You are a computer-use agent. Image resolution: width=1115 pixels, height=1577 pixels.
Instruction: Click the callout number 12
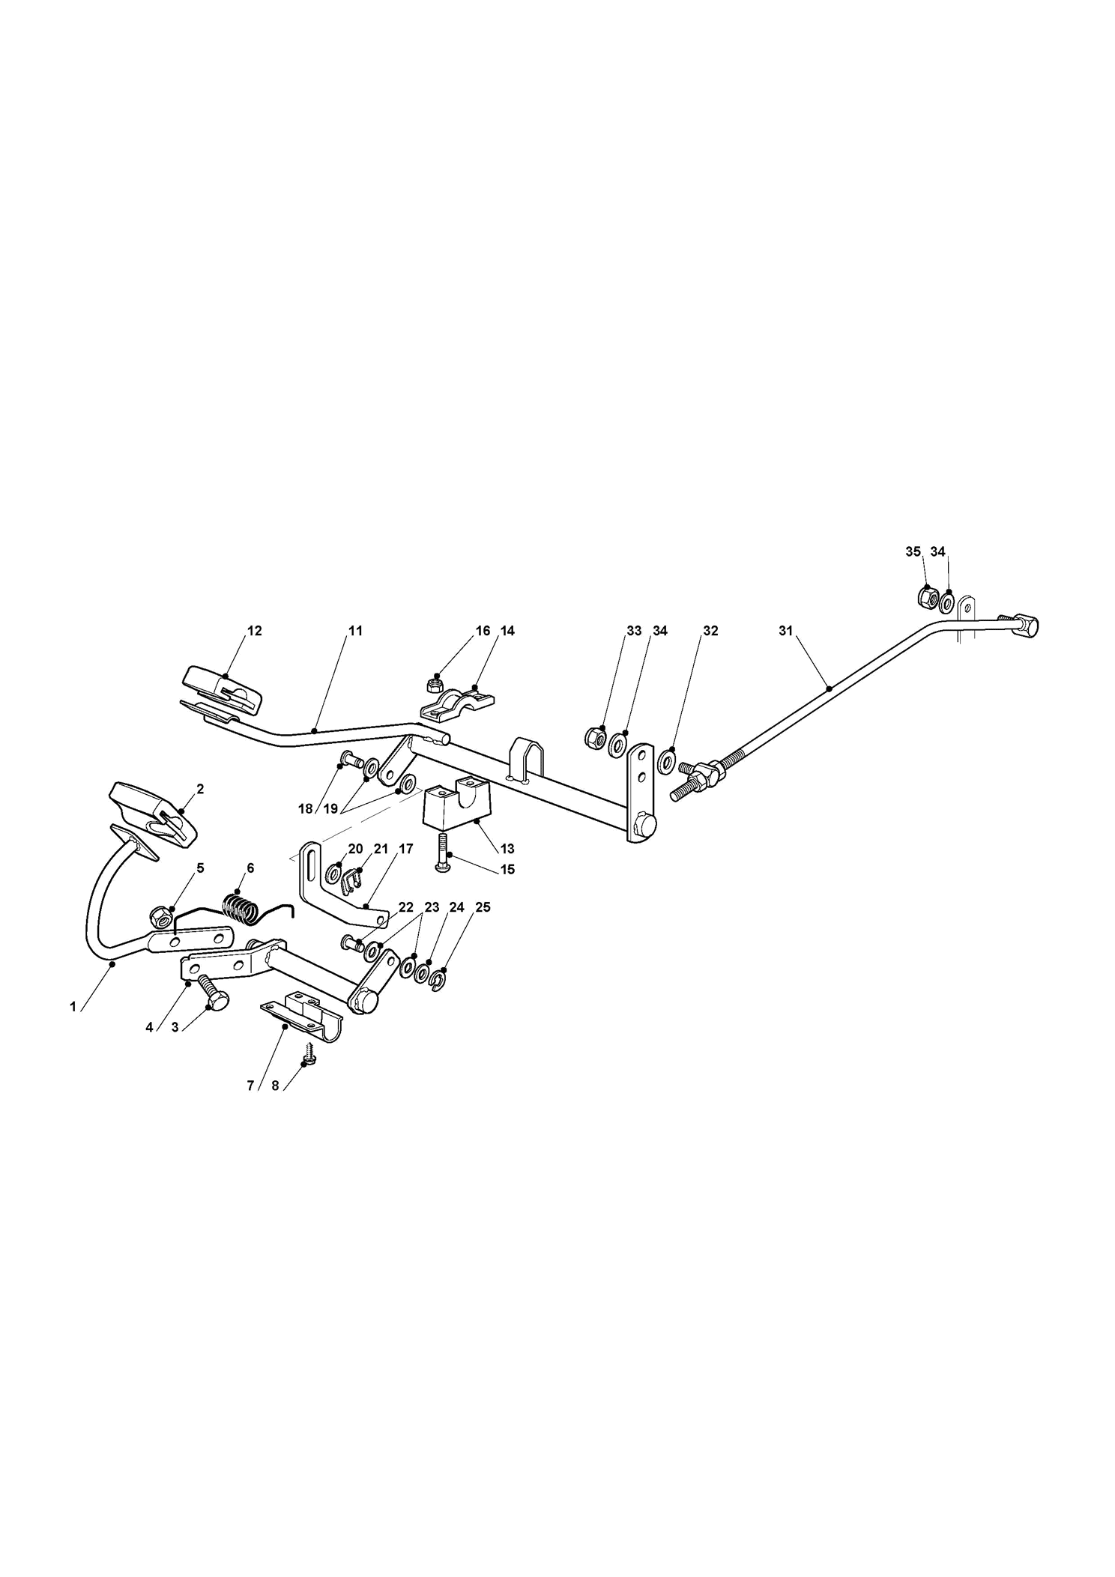pyautogui.click(x=255, y=631)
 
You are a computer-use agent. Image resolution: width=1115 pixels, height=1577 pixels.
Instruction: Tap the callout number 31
pyautogui.click(x=785, y=631)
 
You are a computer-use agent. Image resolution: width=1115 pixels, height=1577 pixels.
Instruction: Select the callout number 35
pyautogui.click(x=913, y=551)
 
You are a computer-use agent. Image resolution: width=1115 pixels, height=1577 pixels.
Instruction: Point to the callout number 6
pyautogui.click(x=250, y=868)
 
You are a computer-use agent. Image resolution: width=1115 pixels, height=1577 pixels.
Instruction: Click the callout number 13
pyautogui.click(x=507, y=849)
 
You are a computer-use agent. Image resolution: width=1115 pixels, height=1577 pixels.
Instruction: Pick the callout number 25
pyautogui.click(x=483, y=907)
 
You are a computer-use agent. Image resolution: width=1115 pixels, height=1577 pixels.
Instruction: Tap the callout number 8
pyautogui.click(x=275, y=1086)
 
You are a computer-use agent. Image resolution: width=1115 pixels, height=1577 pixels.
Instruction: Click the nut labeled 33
pyautogui.click(x=595, y=737)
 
